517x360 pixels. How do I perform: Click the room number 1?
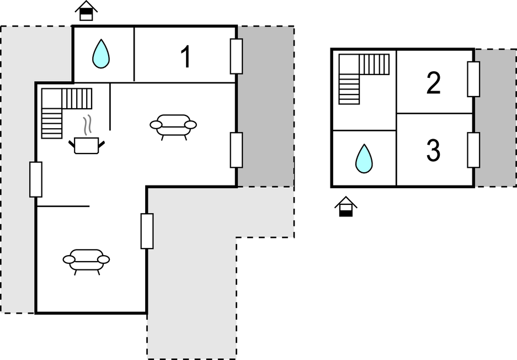[x=186, y=57]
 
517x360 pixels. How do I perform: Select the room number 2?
[x=433, y=83]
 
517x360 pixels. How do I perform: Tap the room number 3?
[x=433, y=150]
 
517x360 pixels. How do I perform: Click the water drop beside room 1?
[x=101, y=54]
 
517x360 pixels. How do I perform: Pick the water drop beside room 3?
[x=364, y=158]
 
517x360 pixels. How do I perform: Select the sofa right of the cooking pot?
[x=173, y=127]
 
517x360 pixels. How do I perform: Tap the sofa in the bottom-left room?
[x=87, y=262]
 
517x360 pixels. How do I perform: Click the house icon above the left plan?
[x=87, y=11]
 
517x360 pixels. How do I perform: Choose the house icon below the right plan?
[x=346, y=207]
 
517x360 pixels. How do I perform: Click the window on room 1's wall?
[x=236, y=56]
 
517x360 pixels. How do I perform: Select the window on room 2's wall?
[x=473, y=79]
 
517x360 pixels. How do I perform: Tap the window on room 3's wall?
[x=473, y=150]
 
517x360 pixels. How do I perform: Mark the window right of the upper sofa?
[x=236, y=150]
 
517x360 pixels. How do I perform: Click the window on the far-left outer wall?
[x=36, y=179]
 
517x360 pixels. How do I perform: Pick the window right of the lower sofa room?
[x=147, y=231]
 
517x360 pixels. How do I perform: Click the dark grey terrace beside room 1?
[x=265, y=106]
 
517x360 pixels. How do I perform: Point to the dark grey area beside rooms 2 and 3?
[x=495, y=118]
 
